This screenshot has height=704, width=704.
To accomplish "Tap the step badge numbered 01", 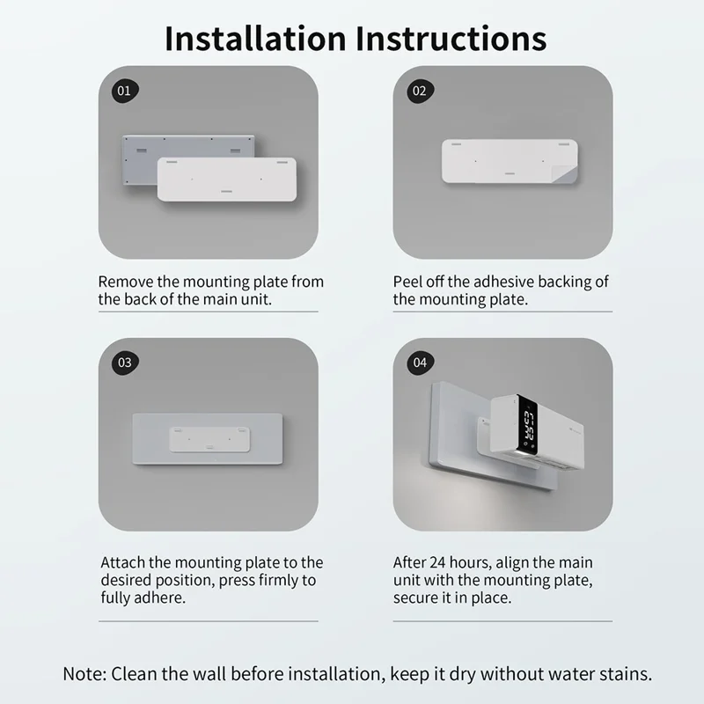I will [125, 91].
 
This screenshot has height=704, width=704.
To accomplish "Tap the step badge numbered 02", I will [419, 91].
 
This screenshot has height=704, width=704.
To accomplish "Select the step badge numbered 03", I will [125, 363].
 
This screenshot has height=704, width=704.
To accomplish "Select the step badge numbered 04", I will [419, 363].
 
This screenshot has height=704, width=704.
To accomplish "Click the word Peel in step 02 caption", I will [407, 282].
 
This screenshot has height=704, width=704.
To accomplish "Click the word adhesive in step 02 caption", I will [505, 282].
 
